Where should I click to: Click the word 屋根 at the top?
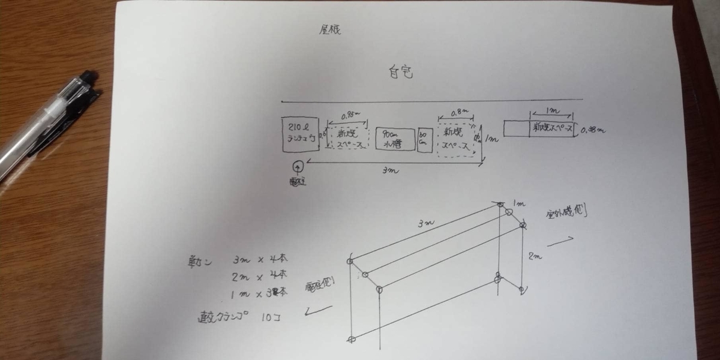(x=329, y=30)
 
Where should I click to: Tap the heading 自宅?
(x=398, y=73)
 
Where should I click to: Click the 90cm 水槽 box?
(x=394, y=139)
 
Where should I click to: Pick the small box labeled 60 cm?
(x=424, y=140)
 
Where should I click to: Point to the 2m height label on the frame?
(x=536, y=257)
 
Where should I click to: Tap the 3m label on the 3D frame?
(x=427, y=224)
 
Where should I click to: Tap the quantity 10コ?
(x=266, y=316)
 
